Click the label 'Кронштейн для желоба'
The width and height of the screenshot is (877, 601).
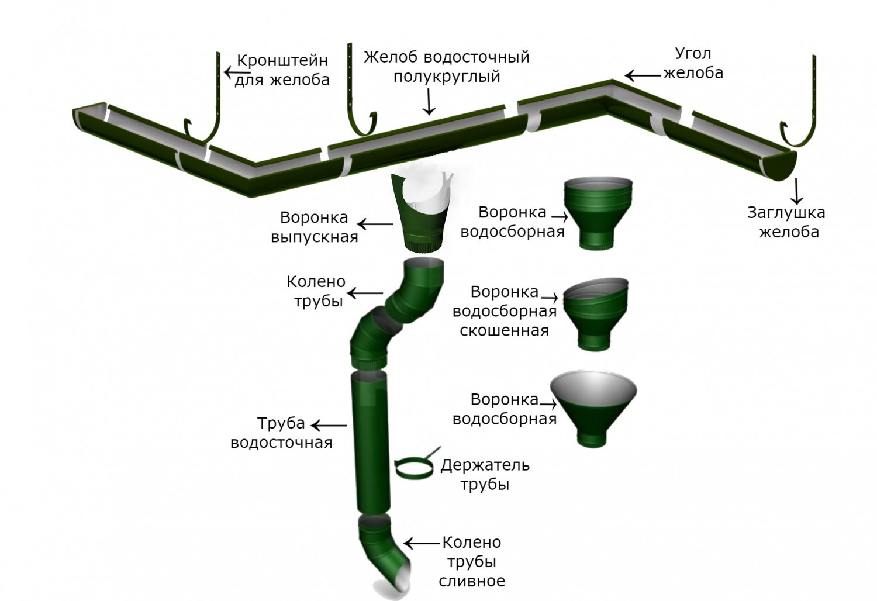point(282,70)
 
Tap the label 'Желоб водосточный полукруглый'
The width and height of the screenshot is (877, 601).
point(447,67)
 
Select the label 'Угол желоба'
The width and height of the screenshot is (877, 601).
point(693,63)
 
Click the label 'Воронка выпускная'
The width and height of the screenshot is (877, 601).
point(315,227)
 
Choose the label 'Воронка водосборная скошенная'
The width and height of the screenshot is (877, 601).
point(505,311)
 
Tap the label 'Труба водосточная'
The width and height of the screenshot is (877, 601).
point(281,433)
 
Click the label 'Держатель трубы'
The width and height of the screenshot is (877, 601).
point(485,475)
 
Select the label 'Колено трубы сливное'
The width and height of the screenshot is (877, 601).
point(472,561)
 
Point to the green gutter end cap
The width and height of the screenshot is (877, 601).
point(779,165)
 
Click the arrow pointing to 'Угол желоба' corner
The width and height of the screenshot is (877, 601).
point(643,75)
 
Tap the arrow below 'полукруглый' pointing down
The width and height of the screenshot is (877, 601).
point(429,102)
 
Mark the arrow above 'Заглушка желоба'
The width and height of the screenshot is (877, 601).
point(796,191)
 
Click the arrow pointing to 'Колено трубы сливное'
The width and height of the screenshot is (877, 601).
point(422,544)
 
